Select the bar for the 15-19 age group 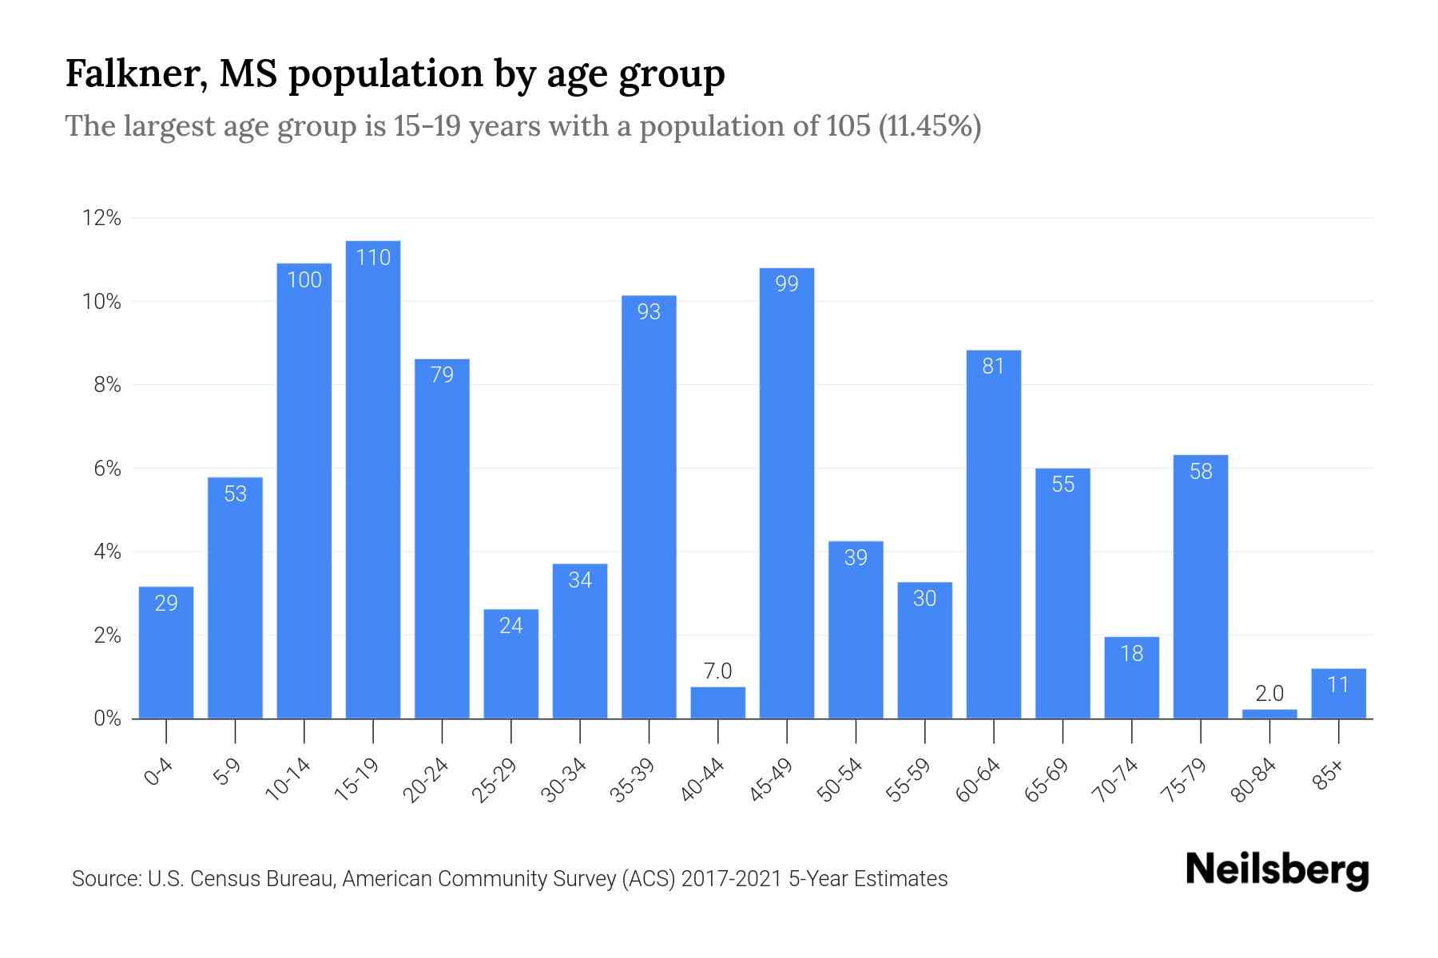[373, 479]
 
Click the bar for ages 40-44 [717, 703]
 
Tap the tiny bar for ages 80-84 [1269, 714]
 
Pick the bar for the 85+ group [1338, 694]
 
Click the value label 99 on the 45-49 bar [787, 283]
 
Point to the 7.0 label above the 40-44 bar [717, 671]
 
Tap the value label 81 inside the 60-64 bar [993, 366]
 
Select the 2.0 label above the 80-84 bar [1269, 693]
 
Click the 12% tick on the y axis [102, 218]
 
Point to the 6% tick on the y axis [107, 469]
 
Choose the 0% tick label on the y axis [107, 718]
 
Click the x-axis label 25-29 [495, 780]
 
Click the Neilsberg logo [1277, 870]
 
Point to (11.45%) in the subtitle [929, 126]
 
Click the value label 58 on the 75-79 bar [1201, 471]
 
